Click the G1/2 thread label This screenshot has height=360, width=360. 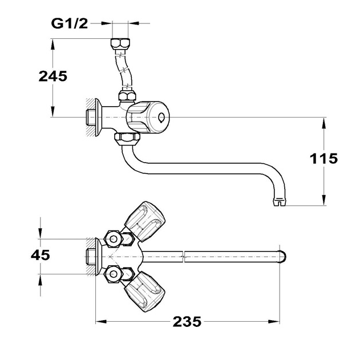tap(70, 23)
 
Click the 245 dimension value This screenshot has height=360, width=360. tap(53, 76)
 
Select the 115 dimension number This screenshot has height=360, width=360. tap(323, 159)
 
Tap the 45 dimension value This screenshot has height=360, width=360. tap(41, 255)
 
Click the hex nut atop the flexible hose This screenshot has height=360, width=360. tap(120, 43)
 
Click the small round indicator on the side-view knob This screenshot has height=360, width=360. tap(161, 118)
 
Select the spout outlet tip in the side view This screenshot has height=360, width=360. tap(280, 203)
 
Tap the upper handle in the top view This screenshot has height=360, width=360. tap(145, 221)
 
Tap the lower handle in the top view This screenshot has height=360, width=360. tap(145, 292)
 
